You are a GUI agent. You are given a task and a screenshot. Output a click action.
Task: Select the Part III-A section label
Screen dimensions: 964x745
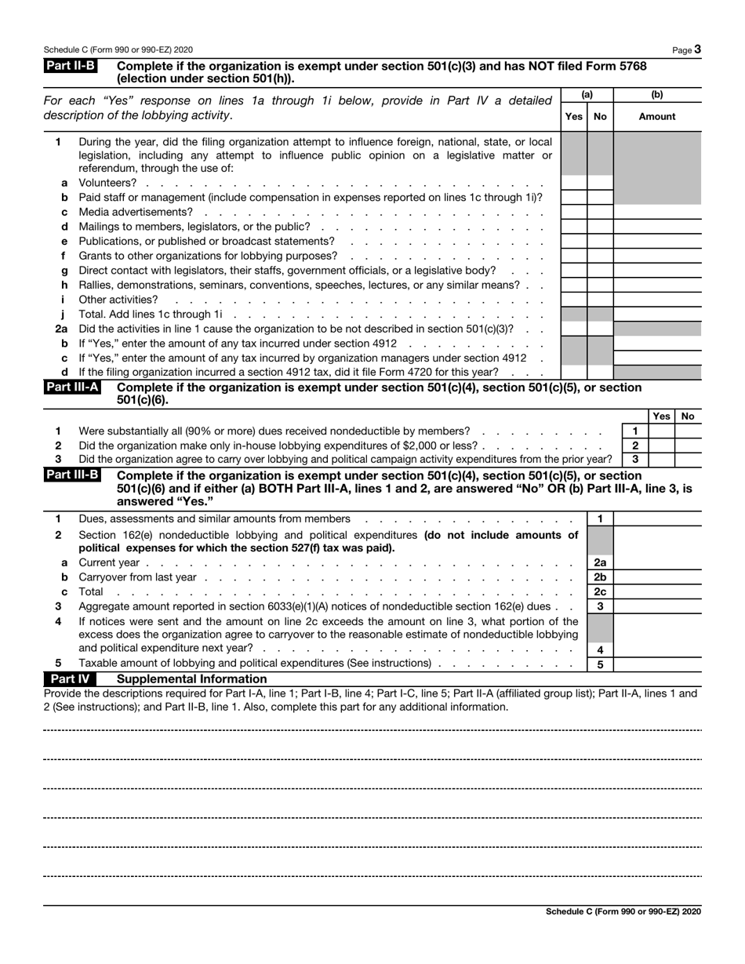pyautogui.click(x=72, y=387)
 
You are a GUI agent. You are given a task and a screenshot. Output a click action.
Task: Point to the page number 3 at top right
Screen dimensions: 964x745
pyautogui.click(x=697, y=49)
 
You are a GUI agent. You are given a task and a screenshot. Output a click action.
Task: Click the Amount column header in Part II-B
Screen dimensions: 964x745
pyautogui.click(x=657, y=116)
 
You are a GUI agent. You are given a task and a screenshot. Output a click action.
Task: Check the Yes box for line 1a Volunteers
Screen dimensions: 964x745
pyautogui.click(x=574, y=183)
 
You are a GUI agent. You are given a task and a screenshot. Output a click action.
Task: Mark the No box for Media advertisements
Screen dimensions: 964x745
pyautogui.click(x=600, y=212)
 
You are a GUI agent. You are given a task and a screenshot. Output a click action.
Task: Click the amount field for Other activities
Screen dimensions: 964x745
pyautogui.click(x=657, y=299)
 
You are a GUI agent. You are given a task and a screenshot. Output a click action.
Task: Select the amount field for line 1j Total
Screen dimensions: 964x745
pyautogui.click(x=657, y=314)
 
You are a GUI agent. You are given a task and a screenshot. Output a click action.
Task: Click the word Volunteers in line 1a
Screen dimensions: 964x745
pyautogui.click(x=107, y=183)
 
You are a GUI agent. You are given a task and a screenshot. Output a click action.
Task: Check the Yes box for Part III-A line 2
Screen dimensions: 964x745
pyautogui.click(x=661, y=445)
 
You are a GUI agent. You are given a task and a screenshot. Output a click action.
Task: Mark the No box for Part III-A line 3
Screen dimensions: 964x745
pyautogui.click(x=688, y=459)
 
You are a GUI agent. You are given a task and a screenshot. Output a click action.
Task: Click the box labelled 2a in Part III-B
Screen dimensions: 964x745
pyautogui.click(x=600, y=562)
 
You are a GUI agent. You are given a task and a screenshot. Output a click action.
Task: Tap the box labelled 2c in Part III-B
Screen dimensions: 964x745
pyautogui.click(x=600, y=591)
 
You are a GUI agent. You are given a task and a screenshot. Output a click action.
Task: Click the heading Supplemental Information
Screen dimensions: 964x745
pyautogui.click(x=191, y=678)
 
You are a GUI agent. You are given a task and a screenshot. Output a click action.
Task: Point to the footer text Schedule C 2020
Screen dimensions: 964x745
pyautogui.click(x=623, y=911)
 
